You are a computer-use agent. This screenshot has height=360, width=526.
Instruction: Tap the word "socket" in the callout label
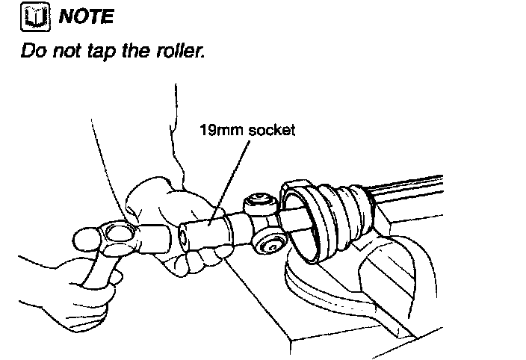pos(273,131)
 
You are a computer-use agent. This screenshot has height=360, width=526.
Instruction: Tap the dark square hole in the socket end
pos(184,241)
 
